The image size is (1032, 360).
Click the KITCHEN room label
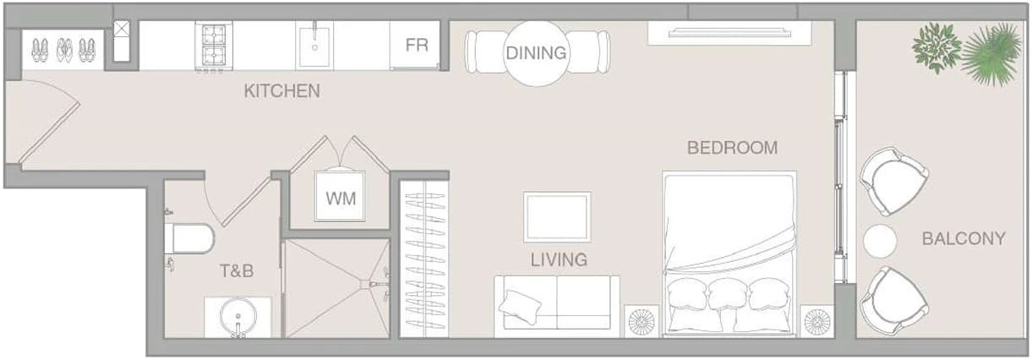pos(282,91)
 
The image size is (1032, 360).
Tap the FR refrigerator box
pos(415,45)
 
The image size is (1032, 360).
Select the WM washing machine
pos(340,197)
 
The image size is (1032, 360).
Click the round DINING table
pos(536,53)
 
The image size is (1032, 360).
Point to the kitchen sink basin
pos(314,46)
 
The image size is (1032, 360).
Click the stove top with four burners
pos(214,46)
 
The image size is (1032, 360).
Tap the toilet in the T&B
pos(189,238)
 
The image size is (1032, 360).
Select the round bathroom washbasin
pos(238,317)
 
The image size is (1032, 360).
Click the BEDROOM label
pos(733,148)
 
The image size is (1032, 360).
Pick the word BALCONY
pos(964,238)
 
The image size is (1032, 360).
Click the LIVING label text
pos(559,260)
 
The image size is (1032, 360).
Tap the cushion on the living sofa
pos(520,307)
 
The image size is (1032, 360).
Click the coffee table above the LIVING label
pos(557,217)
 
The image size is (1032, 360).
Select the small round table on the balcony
pos(880,241)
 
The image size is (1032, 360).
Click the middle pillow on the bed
pos(728,294)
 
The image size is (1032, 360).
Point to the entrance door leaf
pos(49,134)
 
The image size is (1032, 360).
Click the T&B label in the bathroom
pos(237,271)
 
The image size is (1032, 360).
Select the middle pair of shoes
pos(64,50)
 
